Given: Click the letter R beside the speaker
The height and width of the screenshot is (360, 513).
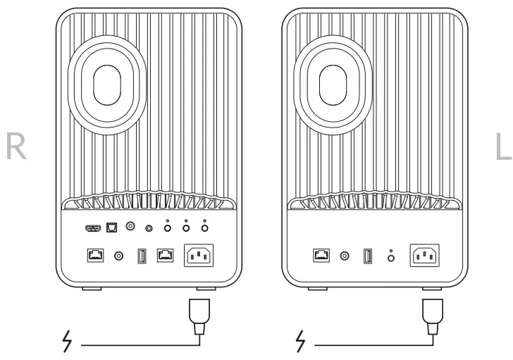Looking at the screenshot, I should coord(16,144).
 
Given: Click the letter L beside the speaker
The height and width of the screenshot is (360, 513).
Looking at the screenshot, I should coord(502,144).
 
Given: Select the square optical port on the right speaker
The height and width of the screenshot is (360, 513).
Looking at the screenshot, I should coord(111,227).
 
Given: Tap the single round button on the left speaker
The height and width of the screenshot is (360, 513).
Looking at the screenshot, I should coord(392,258).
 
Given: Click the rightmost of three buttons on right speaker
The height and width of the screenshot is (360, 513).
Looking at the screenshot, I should coord(204,228).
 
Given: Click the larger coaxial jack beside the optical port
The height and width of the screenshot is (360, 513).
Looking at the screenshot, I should coord(130,227).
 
